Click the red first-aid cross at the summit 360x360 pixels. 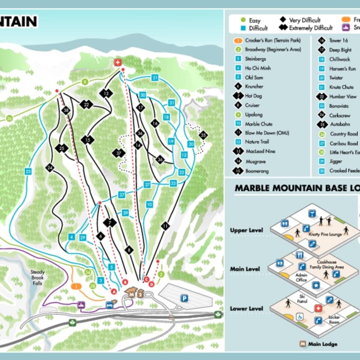118,62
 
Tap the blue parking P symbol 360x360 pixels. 184,298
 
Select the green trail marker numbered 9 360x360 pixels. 84,82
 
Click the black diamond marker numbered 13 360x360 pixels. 106,94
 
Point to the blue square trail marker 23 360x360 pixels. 28,171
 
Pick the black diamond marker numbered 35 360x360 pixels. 203,135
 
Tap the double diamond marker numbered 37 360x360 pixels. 118,153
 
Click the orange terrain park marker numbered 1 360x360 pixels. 76,286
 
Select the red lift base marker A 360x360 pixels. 114,292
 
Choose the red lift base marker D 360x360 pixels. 152,284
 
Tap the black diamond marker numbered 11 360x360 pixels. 166,225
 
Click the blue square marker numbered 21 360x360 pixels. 155,78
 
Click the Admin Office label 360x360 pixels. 301,277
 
